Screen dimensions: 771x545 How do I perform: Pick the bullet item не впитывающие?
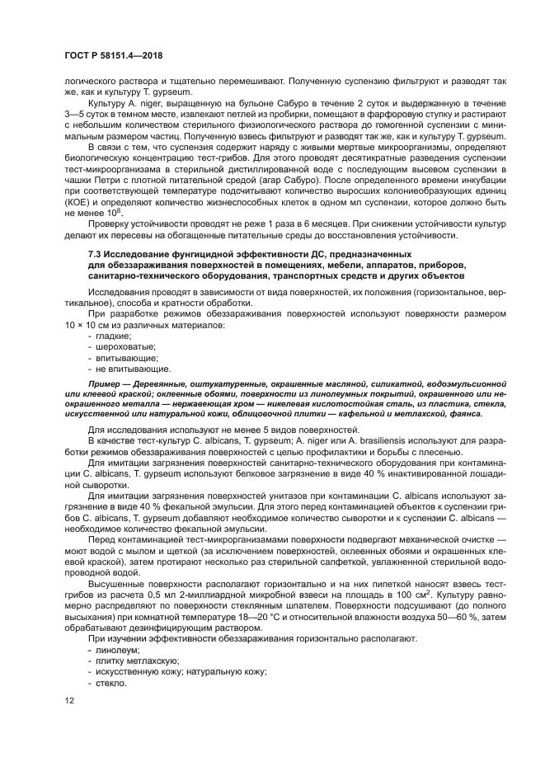tap(129, 369)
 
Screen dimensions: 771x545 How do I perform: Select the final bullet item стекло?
tap(113, 683)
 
